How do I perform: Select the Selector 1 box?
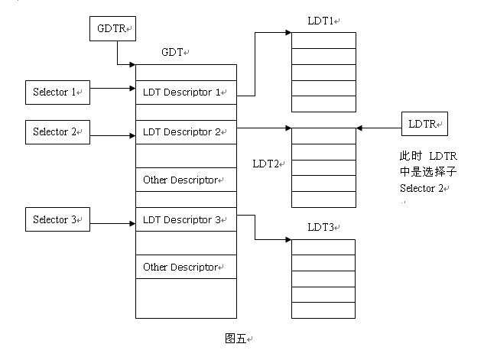coord(58,92)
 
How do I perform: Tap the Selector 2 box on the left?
coord(58,131)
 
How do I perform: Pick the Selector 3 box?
coord(58,219)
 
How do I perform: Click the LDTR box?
coord(425,123)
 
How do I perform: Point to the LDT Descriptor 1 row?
coord(186,92)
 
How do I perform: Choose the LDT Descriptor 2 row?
coord(186,132)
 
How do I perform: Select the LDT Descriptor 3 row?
coord(186,220)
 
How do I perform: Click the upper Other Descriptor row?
coord(186,180)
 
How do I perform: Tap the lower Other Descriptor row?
coord(186,267)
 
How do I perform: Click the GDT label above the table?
coord(172,53)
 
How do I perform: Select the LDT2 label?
coord(268,164)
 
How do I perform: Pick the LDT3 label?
coord(322,227)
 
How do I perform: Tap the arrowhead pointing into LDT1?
coord(287,32)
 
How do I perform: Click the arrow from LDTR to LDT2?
coord(379,128)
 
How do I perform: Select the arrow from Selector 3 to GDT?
coord(113,224)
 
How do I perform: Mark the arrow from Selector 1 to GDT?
coord(113,88)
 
